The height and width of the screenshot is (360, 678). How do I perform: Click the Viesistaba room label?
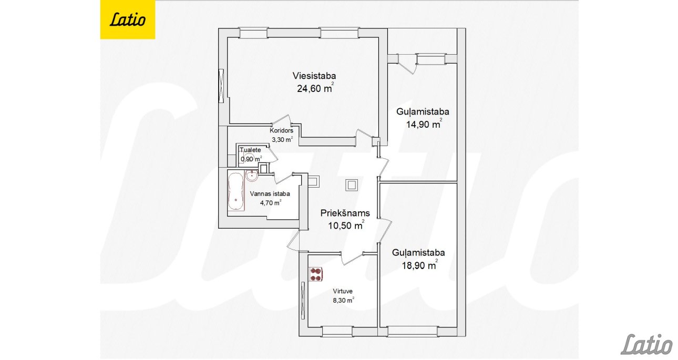click(x=314, y=76)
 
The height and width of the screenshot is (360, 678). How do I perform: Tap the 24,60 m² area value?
click(x=315, y=88)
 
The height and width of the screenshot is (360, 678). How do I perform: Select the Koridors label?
click(x=282, y=130)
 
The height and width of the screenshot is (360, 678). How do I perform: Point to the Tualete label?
click(x=250, y=150)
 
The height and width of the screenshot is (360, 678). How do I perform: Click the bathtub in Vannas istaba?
click(x=236, y=191)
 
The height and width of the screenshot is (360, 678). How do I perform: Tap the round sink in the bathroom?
click(x=252, y=176)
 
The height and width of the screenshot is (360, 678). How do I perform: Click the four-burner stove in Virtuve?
click(x=316, y=274)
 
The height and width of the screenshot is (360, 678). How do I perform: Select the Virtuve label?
click(x=343, y=291)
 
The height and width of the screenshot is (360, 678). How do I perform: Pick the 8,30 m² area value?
click(x=344, y=300)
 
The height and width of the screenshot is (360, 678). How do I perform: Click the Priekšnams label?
click(x=345, y=213)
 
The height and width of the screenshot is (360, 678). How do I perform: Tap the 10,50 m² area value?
click(x=346, y=225)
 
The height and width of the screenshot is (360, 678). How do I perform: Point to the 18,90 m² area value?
click(x=419, y=265)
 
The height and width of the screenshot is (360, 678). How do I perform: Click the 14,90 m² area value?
click(x=424, y=124)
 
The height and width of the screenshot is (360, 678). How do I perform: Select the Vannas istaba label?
click(x=270, y=194)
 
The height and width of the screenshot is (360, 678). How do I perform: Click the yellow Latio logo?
click(x=128, y=19)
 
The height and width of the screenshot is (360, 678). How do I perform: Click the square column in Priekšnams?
click(x=352, y=184)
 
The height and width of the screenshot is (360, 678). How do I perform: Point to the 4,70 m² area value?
click(x=271, y=202)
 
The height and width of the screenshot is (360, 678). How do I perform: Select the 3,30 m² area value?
click(x=282, y=140)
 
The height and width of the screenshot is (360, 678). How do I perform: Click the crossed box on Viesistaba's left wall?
click(x=221, y=86)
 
